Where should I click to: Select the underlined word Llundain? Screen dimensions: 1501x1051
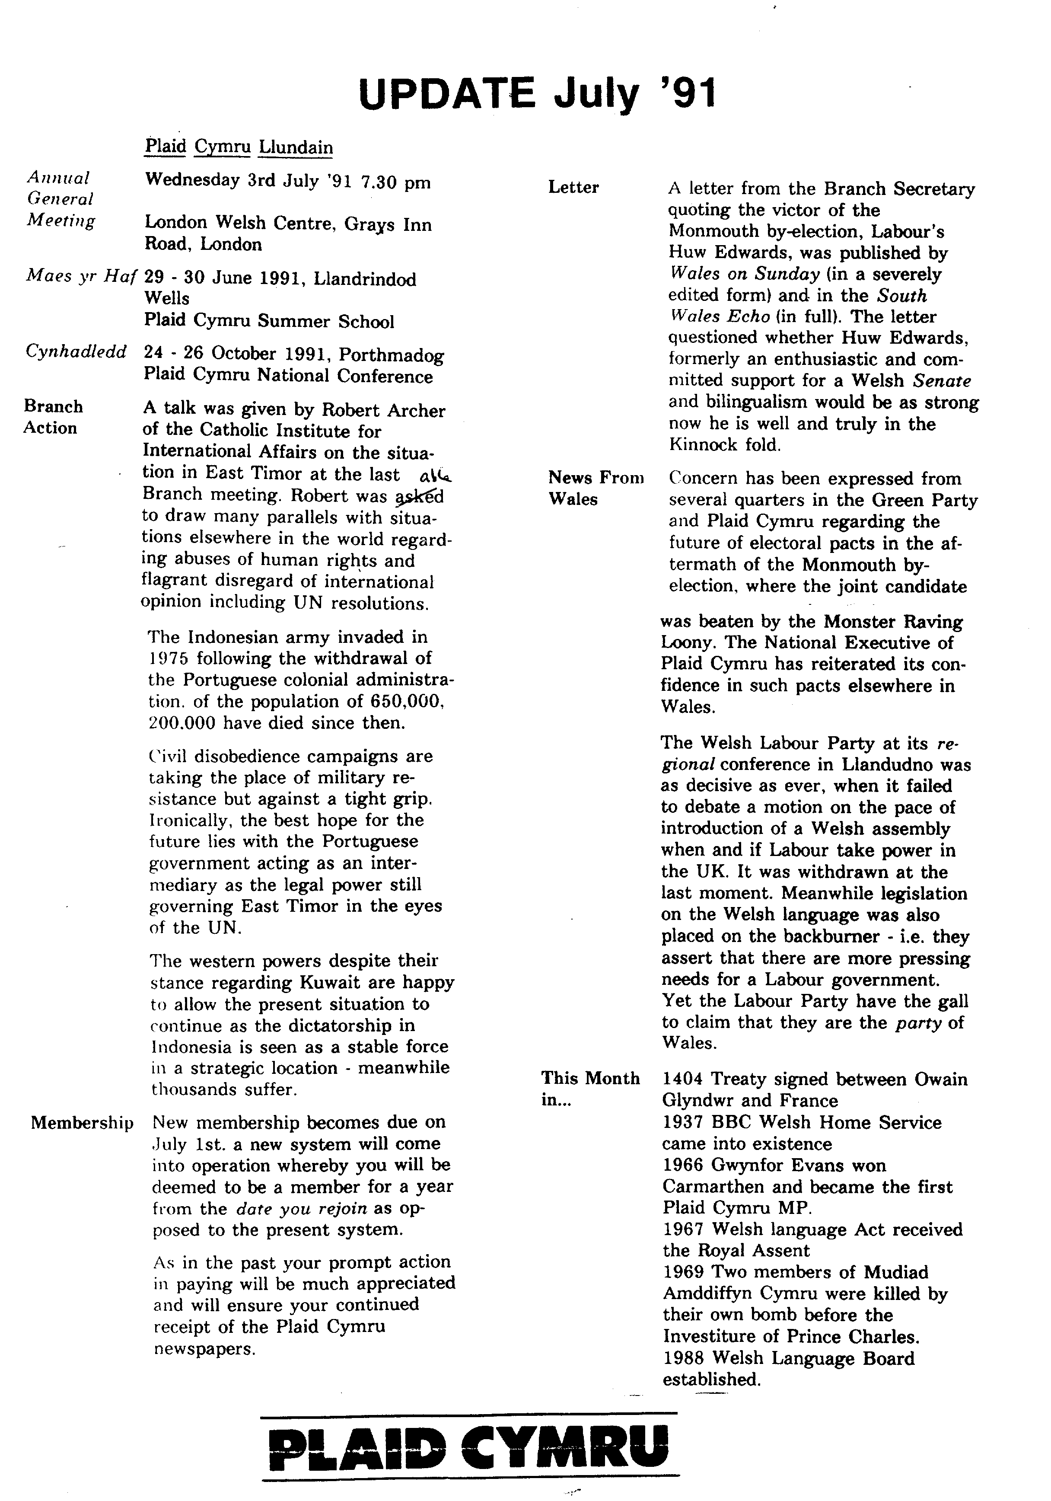pos(296,147)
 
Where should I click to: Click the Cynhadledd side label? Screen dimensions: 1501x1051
pos(76,352)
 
